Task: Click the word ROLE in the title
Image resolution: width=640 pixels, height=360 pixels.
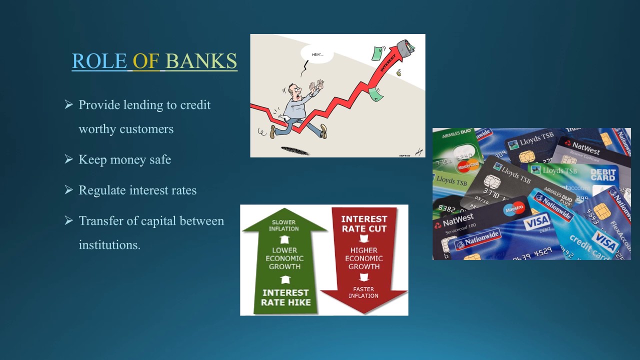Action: click(x=99, y=61)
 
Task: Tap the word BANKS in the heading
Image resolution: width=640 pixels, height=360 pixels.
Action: click(x=201, y=61)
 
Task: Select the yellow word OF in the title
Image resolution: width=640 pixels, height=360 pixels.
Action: click(x=146, y=61)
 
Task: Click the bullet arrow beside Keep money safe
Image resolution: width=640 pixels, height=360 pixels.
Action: click(x=69, y=159)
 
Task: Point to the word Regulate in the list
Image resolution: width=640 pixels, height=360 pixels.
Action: click(x=103, y=190)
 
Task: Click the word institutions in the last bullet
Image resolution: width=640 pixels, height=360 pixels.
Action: click(x=109, y=244)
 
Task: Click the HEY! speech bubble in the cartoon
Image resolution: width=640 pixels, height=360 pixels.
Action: click(x=316, y=54)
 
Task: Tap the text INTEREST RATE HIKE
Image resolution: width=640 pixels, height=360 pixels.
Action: click(x=286, y=297)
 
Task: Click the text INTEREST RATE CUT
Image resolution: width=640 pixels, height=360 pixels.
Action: click(x=364, y=223)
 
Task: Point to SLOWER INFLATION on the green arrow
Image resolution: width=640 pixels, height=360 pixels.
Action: click(x=283, y=225)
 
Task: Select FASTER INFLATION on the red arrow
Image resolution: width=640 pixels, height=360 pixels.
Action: click(x=364, y=292)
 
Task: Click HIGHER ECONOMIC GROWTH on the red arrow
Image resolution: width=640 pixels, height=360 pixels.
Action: click(x=364, y=258)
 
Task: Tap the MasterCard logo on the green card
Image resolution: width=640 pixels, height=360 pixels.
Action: click(x=468, y=165)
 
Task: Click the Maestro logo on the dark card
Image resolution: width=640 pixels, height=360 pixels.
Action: click(x=513, y=207)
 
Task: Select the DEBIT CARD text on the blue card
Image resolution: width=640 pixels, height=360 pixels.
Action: click(x=602, y=174)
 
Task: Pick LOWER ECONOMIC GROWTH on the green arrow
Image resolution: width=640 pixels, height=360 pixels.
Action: click(x=284, y=258)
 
